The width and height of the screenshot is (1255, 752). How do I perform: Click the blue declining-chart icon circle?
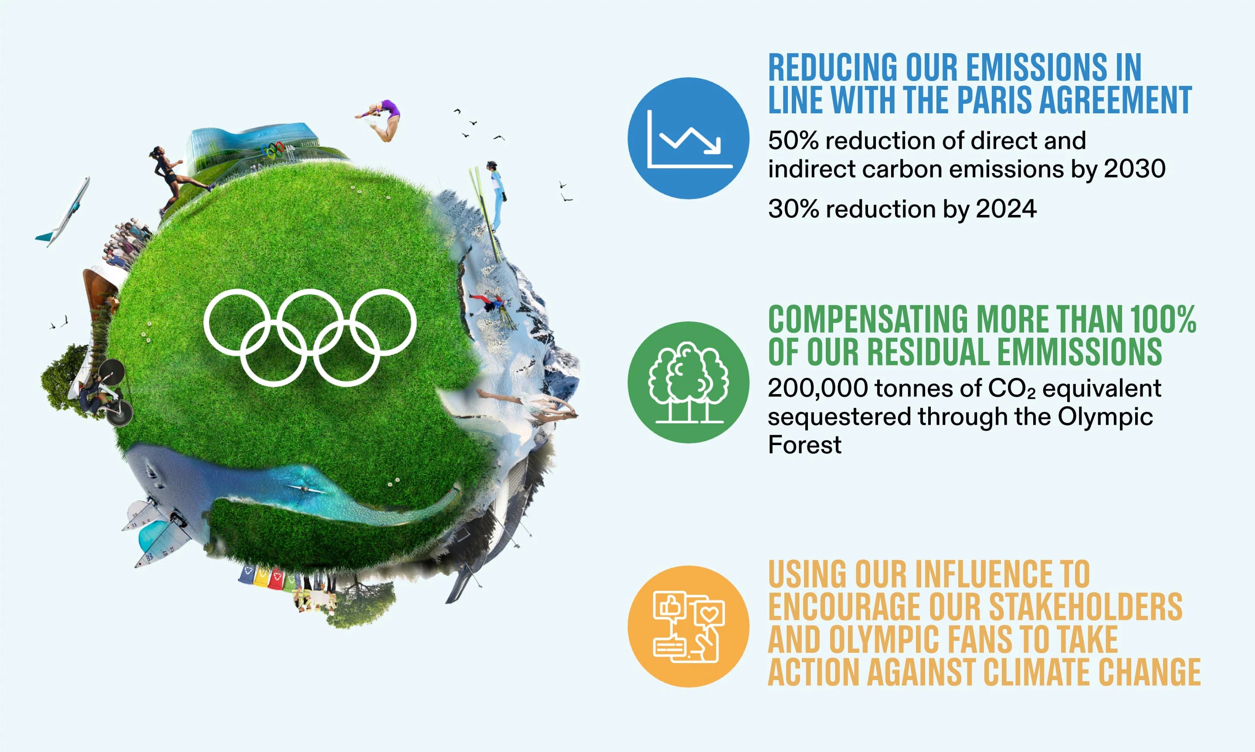click(x=688, y=138)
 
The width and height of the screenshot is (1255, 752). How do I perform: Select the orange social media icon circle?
click(x=688, y=626)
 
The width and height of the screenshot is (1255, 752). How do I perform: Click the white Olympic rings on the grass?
click(x=310, y=337)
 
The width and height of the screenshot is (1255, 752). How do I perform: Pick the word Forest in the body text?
click(x=804, y=446)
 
